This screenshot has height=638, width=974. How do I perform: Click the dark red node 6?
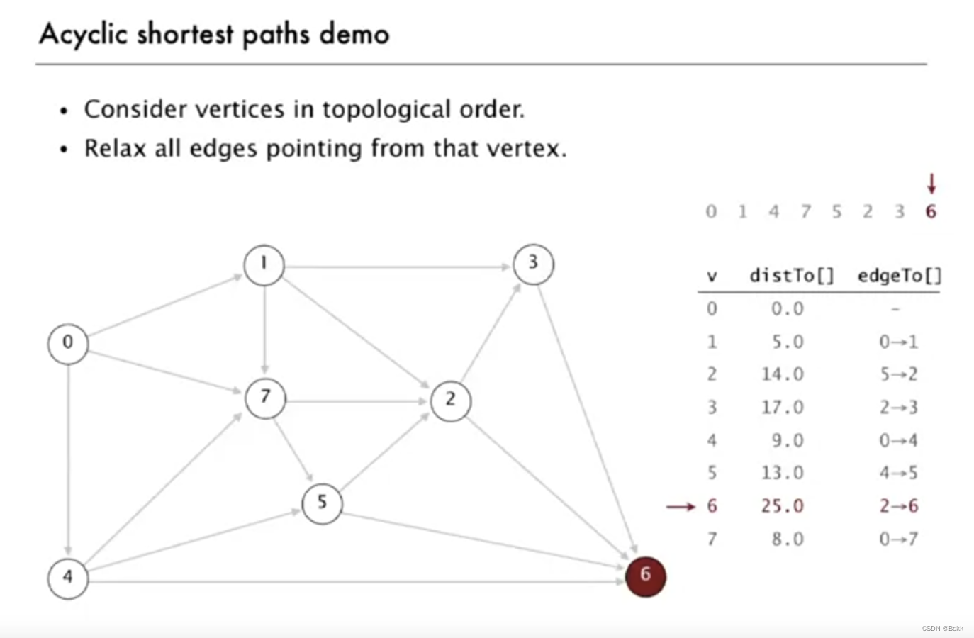pyautogui.click(x=645, y=576)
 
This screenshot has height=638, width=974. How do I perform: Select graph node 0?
pyautogui.click(x=68, y=343)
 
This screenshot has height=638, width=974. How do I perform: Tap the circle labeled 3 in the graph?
pyautogui.click(x=533, y=264)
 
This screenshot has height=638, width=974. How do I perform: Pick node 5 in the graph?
pyautogui.click(x=322, y=503)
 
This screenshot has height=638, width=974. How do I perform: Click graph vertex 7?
pyautogui.click(x=265, y=397)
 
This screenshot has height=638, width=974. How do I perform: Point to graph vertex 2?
pyautogui.click(x=450, y=401)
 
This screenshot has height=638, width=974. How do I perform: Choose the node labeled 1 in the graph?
pyautogui.click(x=264, y=264)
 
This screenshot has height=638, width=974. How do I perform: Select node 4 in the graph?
pyautogui.click(x=68, y=578)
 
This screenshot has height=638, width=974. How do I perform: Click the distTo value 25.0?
pyautogui.click(x=783, y=506)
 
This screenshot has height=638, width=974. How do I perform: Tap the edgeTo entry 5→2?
pyautogui.click(x=898, y=374)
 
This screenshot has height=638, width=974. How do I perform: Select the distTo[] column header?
pyautogui.click(x=792, y=276)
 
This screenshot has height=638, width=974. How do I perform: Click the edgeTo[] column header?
pyautogui.click(x=899, y=276)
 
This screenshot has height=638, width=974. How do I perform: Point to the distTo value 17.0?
pyautogui.click(x=783, y=408)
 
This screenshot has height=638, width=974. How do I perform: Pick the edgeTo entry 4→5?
pyautogui.click(x=898, y=473)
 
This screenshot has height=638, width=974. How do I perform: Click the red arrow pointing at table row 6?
pyautogui.click(x=681, y=506)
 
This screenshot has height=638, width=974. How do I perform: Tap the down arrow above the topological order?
pyautogui.click(x=931, y=184)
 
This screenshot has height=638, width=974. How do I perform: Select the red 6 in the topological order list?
pyautogui.click(x=931, y=211)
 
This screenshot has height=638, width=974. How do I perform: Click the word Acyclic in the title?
pyautogui.click(x=84, y=34)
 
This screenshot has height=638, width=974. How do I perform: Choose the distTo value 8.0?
pyautogui.click(x=788, y=539)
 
